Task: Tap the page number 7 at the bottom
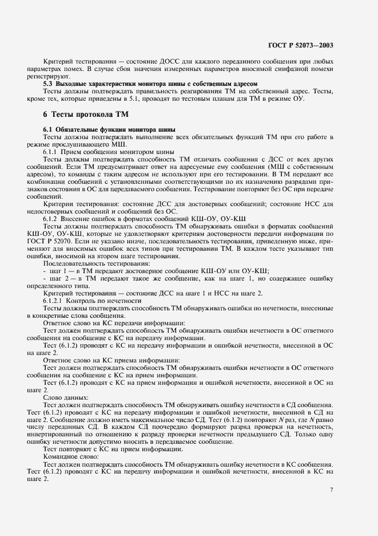coord(332,490)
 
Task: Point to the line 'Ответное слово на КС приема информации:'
coord(112,360)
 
